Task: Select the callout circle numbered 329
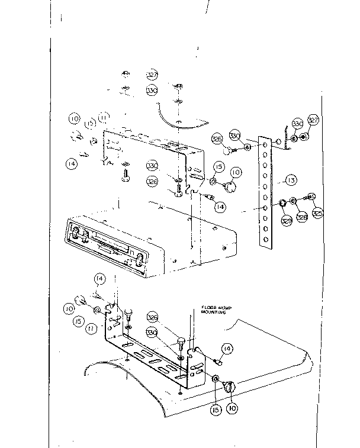[286, 221]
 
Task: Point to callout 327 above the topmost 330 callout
[152, 75]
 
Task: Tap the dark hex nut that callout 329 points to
[283, 205]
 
